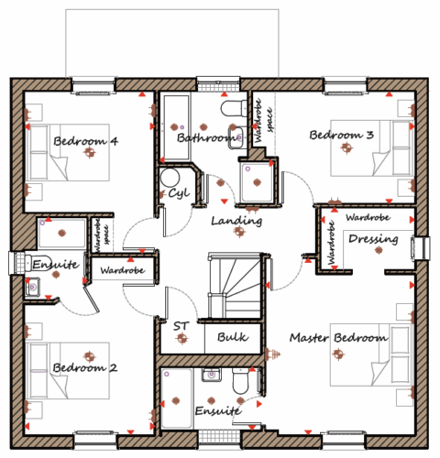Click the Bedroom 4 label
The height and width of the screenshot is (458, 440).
coord(85,141)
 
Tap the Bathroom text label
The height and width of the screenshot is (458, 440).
coord(207,137)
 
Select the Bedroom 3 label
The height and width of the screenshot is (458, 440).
coord(341,135)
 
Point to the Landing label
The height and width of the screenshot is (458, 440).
coord(236,221)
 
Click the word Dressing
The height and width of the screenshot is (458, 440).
coord(373,239)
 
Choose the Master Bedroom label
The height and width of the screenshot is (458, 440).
coord(339,338)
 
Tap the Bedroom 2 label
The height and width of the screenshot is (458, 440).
coord(85,367)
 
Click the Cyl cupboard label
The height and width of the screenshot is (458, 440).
coord(179,193)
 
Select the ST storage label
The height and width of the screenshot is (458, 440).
coord(181,326)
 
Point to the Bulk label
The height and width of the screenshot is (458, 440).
coord(233,337)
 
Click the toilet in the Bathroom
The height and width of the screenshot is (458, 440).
coord(234,109)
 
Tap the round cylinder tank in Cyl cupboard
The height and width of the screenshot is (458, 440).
coord(170,178)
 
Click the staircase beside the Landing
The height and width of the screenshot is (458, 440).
coord(235,286)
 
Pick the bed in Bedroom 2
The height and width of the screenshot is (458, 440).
coord(68,370)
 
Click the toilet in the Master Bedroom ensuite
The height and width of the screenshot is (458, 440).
coord(241,381)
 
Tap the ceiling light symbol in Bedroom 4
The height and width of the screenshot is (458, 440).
coord(90,152)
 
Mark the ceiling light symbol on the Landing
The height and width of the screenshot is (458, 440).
coord(239,232)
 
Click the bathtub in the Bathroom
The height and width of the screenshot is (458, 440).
coord(176,127)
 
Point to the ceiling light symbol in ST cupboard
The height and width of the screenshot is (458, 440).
coord(182,338)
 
